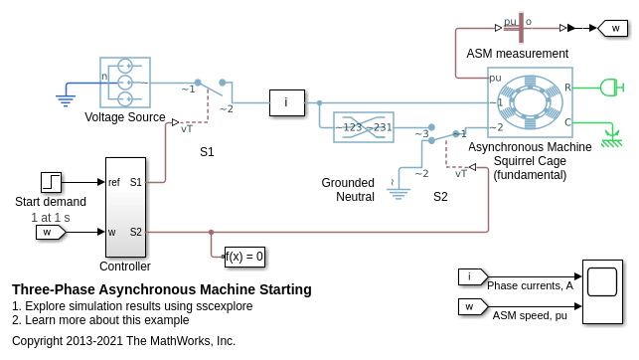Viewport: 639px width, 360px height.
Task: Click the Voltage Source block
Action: click(x=125, y=83)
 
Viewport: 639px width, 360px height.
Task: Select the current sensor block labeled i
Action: click(x=287, y=102)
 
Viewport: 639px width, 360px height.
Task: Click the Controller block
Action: click(x=125, y=207)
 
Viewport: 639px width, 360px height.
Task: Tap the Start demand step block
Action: click(x=51, y=182)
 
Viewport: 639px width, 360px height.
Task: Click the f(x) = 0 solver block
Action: click(x=244, y=257)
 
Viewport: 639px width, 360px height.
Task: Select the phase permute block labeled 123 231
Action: click(x=364, y=127)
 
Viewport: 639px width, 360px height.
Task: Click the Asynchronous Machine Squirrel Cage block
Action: click(x=530, y=102)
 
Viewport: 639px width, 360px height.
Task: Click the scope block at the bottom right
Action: click(x=603, y=292)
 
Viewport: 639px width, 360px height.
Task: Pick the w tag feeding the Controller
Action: click(x=51, y=233)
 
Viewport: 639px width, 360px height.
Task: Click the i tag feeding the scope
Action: click(x=473, y=276)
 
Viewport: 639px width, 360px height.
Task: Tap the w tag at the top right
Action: click(x=612, y=28)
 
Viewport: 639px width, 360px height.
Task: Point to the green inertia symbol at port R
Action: click(x=612, y=88)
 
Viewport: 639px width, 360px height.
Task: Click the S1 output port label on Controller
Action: click(x=136, y=182)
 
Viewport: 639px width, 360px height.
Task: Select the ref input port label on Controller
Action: click(x=114, y=182)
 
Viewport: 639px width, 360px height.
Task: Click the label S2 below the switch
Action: click(x=440, y=197)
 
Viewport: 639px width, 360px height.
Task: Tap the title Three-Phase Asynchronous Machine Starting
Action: click(x=162, y=289)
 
